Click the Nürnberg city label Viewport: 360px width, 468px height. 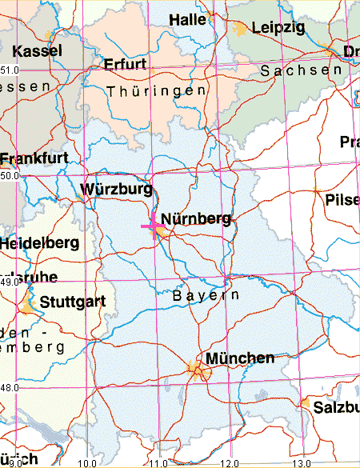[x=196, y=218]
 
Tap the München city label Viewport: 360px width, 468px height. [x=240, y=358]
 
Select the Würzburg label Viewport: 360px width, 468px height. [x=116, y=190]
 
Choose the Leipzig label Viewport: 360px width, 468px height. [x=278, y=28]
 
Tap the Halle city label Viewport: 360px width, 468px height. [x=188, y=19]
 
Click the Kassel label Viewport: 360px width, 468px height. [x=38, y=50]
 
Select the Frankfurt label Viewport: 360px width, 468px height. [x=34, y=158]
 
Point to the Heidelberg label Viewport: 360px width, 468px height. [x=39, y=242]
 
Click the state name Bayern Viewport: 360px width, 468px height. [x=206, y=295]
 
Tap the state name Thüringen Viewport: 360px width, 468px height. [x=156, y=90]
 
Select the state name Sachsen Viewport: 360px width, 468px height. [x=295, y=70]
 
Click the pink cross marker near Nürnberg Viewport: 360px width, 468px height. [x=152, y=228]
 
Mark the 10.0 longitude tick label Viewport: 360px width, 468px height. [x=88, y=462]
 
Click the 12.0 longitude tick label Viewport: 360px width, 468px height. [x=230, y=462]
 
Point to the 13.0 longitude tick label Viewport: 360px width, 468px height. [x=300, y=462]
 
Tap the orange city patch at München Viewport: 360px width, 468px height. [x=195, y=369]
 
